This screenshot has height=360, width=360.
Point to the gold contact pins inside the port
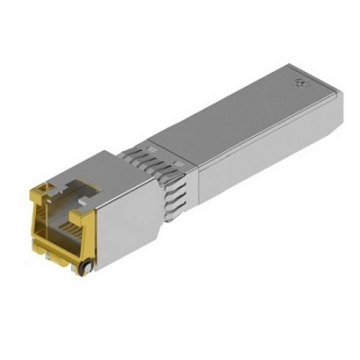64,216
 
